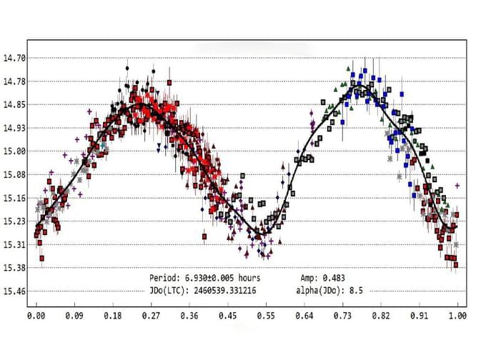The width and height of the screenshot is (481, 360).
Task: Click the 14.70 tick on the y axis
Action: point(15,58)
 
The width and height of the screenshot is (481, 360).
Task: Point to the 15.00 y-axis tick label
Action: point(15,151)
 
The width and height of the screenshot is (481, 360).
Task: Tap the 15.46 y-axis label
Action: point(15,291)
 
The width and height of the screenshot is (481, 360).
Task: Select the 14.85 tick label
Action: point(15,104)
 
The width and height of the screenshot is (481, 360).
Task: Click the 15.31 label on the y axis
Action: point(15,244)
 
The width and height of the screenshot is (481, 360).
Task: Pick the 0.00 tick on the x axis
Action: point(36,314)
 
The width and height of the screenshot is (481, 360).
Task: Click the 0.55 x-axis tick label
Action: point(265,314)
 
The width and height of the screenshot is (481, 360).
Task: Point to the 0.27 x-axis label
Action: point(151,314)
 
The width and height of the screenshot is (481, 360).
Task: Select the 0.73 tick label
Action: point(342,314)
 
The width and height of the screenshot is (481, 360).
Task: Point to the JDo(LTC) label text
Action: point(169,291)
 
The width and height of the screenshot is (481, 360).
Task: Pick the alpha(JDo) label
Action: point(320,291)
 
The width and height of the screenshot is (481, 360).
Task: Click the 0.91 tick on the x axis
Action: point(419,314)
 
